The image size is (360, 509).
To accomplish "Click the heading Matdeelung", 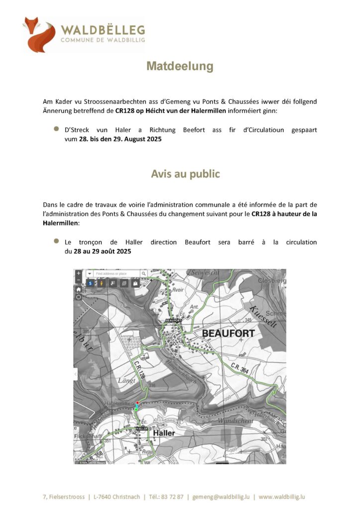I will click(180, 66).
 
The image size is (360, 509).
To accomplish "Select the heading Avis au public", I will click(185, 174).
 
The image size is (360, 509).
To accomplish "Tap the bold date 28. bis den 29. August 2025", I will click(120, 140).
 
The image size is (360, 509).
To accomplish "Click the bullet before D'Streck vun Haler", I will click(56, 130).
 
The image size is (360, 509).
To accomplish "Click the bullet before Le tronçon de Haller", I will click(56, 241).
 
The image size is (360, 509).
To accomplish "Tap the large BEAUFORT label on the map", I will click(228, 333).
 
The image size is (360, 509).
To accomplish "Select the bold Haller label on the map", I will click(164, 433).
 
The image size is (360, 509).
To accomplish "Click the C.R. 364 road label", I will click(240, 368).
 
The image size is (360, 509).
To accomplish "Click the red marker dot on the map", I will click(137, 402).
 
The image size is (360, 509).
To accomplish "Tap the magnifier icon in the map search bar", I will click(143, 273).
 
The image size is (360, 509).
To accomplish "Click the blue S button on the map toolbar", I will click(90, 283).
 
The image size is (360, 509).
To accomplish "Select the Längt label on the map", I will click(126, 381).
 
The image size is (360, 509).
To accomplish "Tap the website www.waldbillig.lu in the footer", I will click(282, 497).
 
